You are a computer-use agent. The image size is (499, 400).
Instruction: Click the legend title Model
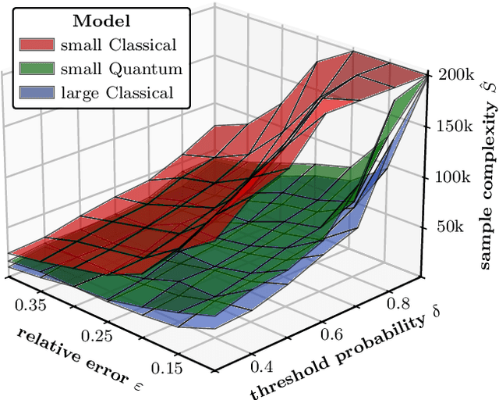coord(100,23)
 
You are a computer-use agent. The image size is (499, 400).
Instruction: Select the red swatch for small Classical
coord(37,45)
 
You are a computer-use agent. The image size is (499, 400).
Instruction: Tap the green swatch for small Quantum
coord(37,70)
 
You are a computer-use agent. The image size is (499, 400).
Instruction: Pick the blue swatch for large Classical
coord(37,94)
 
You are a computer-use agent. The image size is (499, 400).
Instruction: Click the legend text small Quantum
coord(122,70)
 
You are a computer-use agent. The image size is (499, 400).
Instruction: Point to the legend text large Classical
coord(117,94)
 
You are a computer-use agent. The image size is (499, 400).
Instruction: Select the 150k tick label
coord(451,126)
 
